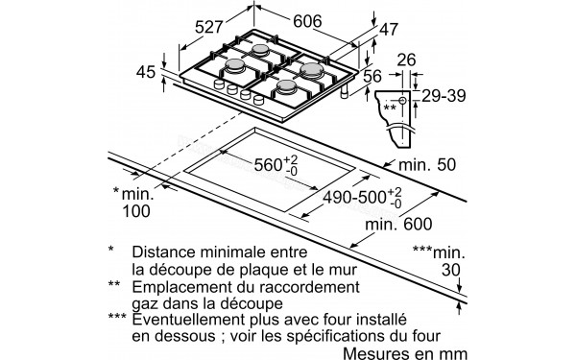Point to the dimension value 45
pyautogui.click(x=145, y=71)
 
